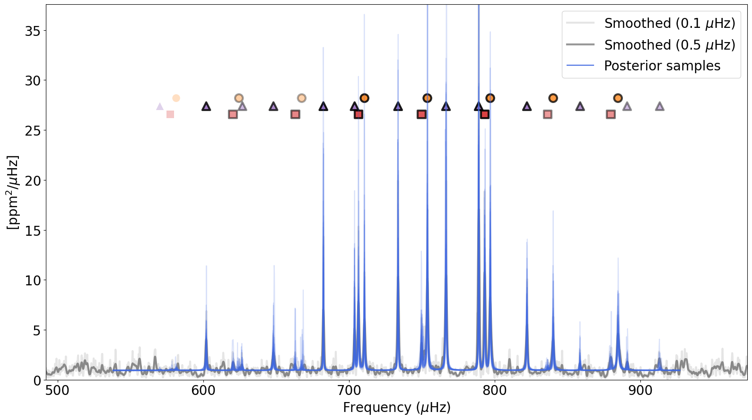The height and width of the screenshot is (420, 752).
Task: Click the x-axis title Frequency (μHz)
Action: pos(396,407)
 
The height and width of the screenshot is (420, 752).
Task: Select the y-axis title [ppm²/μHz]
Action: pos(13,192)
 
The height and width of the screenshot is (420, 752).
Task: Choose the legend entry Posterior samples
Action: pos(662,66)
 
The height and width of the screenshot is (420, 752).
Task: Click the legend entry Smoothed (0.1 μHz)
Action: pos(669,23)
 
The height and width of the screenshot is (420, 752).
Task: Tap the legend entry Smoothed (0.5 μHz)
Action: pos(669,45)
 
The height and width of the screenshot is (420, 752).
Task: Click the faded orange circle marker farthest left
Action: pos(176,98)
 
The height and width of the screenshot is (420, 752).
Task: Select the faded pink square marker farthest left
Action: pos(170,114)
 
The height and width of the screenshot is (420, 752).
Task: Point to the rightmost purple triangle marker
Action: pos(660,107)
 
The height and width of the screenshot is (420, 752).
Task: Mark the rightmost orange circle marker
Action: pos(618,98)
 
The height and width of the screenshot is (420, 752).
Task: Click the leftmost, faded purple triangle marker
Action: pos(160,107)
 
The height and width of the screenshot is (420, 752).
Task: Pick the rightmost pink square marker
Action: pos(611,114)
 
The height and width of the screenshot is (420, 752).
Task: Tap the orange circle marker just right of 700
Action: pos(364,98)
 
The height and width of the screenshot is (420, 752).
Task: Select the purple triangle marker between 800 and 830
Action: pos(527,107)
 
